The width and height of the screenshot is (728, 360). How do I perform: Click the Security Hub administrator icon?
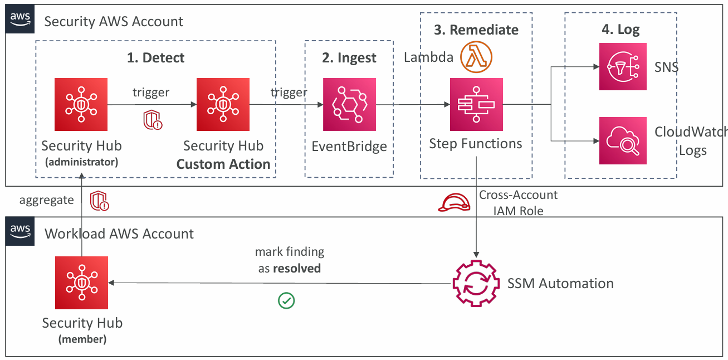[81, 104]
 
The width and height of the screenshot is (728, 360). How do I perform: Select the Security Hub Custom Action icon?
[223, 104]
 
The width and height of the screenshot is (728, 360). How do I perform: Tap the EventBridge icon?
[349, 104]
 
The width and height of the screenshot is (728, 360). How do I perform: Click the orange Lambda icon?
[477, 57]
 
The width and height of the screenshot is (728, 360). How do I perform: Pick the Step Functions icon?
[476, 104]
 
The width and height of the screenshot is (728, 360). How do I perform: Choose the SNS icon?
[623, 67]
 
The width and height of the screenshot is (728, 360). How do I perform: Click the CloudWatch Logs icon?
[623, 140]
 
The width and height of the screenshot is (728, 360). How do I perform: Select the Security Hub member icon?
[81, 283]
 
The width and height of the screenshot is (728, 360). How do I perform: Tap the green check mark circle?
[286, 301]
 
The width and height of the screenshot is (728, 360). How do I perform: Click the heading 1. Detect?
[155, 57]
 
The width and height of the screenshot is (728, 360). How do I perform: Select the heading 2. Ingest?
[349, 58]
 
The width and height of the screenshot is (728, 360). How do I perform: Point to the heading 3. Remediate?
[476, 30]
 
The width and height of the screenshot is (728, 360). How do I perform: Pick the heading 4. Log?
[620, 30]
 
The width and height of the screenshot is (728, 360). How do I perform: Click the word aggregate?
[46, 200]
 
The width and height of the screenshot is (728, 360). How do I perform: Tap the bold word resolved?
[297, 269]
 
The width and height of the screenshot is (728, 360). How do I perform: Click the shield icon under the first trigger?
[153, 119]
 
